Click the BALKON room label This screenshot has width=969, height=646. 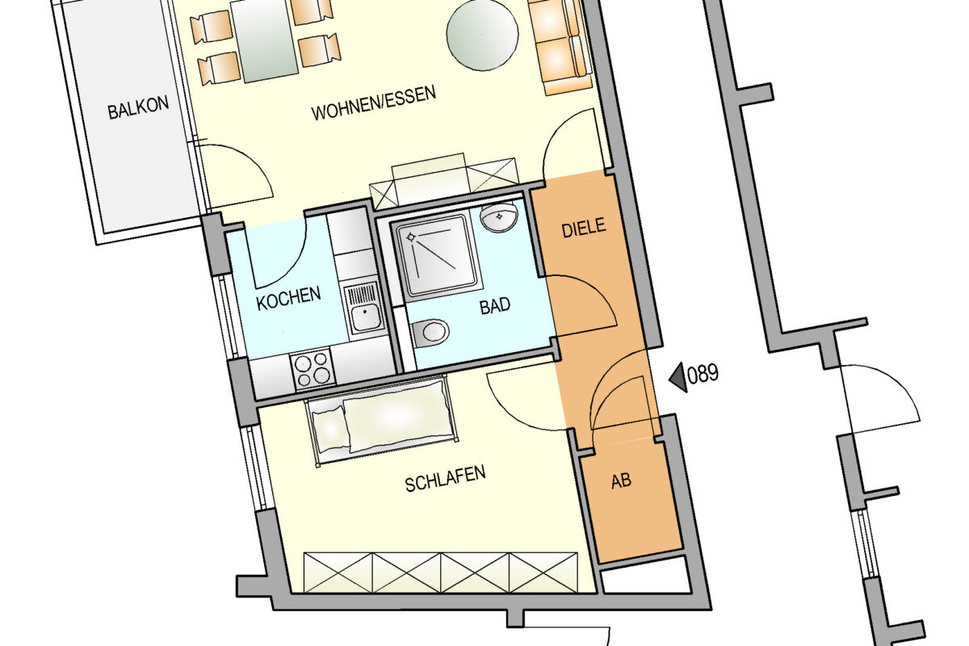[138, 107]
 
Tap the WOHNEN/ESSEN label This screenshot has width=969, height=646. [373, 103]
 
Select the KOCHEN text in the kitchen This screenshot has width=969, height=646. [288, 298]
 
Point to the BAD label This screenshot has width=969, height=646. [495, 306]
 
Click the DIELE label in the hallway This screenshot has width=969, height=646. [584, 228]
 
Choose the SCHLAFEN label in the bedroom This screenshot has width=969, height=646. [445, 479]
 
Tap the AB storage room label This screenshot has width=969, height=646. [621, 481]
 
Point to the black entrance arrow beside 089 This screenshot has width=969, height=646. [678, 377]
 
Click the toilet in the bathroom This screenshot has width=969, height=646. [430, 333]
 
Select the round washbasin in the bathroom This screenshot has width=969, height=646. [500, 217]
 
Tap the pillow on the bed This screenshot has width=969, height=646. [329, 428]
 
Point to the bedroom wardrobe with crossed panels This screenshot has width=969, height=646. [441, 572]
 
